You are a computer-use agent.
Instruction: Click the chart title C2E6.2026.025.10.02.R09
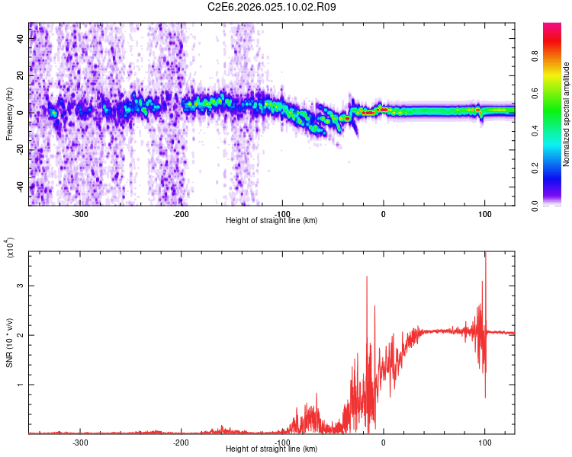272,7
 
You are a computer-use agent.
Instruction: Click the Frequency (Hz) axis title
9,114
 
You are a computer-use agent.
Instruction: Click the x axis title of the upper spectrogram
272,221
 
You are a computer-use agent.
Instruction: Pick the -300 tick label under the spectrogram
80,214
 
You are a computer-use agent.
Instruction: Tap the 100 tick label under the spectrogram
485,214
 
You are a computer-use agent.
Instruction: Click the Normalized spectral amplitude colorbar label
566,114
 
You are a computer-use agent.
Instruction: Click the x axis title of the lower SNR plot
272,449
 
